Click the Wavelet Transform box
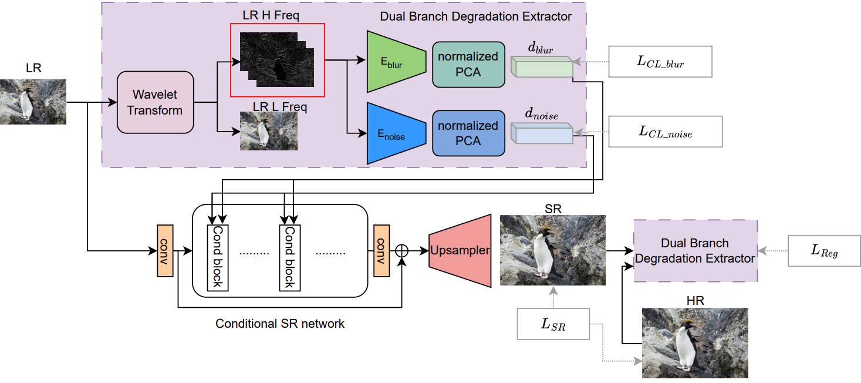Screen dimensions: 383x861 156,102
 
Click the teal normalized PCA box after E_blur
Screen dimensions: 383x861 468,64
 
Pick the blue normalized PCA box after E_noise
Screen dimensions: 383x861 468,133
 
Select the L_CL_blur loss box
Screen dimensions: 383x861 660,62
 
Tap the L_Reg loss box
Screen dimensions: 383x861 824,251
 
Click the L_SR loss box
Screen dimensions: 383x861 552,324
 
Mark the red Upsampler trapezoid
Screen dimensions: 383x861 460,250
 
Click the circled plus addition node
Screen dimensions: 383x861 401,251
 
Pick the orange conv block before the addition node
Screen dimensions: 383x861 381,251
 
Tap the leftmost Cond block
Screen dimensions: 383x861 217,257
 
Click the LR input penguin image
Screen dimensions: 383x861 33,102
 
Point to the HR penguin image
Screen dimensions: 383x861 695,342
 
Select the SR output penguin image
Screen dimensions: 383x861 552,250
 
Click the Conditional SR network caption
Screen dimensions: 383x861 280,324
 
